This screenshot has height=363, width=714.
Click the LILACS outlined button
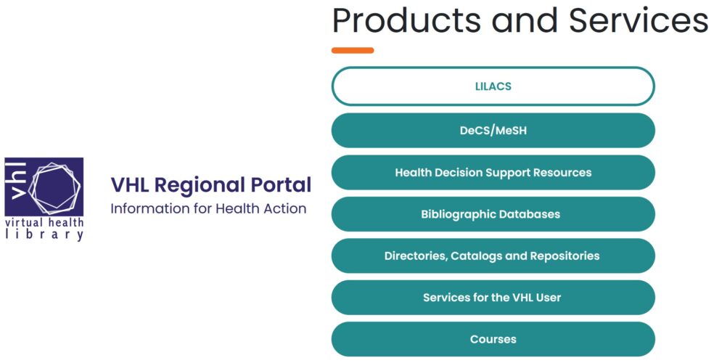point(493,86)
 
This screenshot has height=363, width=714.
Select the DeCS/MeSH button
point(493,130)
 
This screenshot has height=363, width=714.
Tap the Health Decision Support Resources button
point(493,173)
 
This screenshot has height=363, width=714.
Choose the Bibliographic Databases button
point(493,214)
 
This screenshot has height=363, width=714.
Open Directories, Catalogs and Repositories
point(493,256)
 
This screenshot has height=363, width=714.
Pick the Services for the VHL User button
point(493,298)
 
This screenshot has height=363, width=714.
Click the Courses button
point(493,339)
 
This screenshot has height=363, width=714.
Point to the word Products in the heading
point(407,20)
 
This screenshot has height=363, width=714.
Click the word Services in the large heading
point(639,20)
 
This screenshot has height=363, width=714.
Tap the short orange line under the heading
point(353,50)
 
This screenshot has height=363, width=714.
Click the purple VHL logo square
point(44,187)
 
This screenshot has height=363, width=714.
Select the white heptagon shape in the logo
point(54,187)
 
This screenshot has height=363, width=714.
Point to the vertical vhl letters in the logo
point(17,181)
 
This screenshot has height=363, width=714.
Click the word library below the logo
point(44,234)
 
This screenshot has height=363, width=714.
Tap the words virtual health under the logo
point(44,222)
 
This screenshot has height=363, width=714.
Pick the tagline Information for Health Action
point(208,208)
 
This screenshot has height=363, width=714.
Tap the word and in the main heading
point(525,20)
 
